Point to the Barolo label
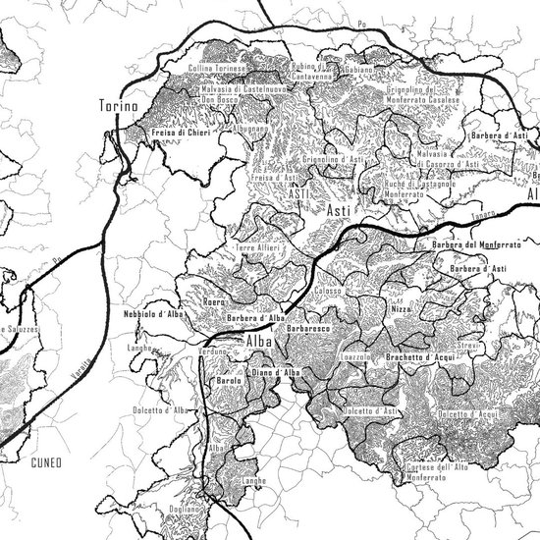tap(228, 381)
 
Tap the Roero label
tap(214, 302)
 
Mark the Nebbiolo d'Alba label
tap(154, 314)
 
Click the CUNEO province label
tap(46, 460)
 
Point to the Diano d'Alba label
tap(276, 373)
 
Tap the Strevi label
tap(466, 346)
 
